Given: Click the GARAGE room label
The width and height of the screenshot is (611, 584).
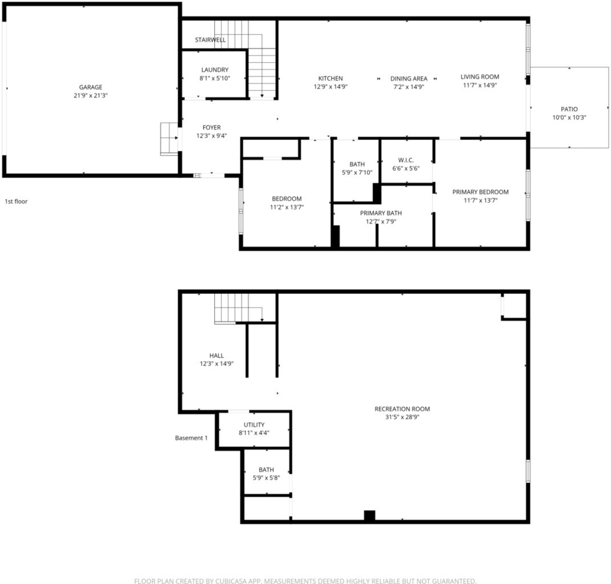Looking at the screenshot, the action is coord(91,87).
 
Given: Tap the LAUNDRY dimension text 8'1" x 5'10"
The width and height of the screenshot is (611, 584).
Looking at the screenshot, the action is coord(215,78).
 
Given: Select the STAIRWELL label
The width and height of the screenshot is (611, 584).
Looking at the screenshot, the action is coord(210,40).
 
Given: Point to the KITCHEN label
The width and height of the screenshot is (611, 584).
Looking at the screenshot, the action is coord(331,78).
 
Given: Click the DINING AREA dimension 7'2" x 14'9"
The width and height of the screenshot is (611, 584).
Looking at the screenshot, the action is coord(409,87).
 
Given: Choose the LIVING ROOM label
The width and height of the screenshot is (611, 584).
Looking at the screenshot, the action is coord(480,77).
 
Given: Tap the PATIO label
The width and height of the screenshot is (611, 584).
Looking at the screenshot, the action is coord(569,109).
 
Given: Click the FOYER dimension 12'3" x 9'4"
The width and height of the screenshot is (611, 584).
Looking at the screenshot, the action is coord(212,136).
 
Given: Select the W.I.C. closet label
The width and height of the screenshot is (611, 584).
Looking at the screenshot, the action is coord(406,160).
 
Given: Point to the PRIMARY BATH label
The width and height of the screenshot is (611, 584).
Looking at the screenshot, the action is coord(381,213).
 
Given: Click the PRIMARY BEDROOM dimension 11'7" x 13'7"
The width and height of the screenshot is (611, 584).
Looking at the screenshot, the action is coord(480,201).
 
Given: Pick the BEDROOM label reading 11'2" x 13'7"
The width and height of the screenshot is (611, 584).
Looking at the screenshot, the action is coord(287,198).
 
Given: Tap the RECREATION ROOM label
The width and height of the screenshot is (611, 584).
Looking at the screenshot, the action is coord(402,409).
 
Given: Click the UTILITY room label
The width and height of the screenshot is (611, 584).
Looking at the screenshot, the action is coord(254,425).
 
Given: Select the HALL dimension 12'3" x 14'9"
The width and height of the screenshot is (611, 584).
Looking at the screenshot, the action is coord(217,364).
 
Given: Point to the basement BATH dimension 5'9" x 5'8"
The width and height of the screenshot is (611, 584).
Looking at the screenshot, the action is coord(267,478).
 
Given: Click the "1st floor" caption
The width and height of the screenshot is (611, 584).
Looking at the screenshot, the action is coord(16,201).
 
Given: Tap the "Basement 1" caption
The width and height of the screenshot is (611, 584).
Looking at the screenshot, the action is coord(192,438).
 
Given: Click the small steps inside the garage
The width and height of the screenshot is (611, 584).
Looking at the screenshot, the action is coord(169,139).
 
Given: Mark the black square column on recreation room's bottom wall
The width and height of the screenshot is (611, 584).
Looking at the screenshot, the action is coord(369,515).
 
